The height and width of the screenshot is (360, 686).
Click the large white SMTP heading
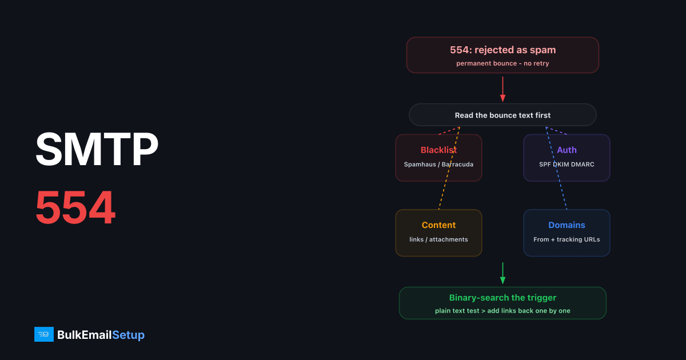(x=97, y=149)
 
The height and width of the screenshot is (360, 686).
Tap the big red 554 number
(x=75, y=207)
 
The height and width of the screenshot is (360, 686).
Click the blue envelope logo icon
(x=44, y=334)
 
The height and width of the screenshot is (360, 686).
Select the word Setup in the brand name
(x=128, y=335)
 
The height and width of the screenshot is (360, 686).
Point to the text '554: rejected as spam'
(x=502, y=50)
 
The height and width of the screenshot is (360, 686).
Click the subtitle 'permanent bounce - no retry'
(x=502, y=63)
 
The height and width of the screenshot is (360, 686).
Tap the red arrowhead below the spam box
(x=502, y=98)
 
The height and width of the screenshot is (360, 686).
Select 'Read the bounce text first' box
(x=502, y=115)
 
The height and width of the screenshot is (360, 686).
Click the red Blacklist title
(x=438, y=150)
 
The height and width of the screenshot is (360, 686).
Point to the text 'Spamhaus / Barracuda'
(x=438, y=165)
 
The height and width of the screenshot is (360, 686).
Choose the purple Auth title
(x=567, y=150)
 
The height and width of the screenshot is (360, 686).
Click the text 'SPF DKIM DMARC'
(x=567, y=165)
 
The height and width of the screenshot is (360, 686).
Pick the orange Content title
(x=438, y=225)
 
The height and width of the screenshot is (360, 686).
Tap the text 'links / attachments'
(x=438, y=239)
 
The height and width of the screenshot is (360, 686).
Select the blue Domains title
(x=567, y=225)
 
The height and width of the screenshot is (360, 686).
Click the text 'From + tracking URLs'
(x=567, y=239)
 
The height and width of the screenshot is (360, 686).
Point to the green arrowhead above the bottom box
(x=502, y=280)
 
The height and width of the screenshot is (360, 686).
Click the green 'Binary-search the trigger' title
(x=502, y=298)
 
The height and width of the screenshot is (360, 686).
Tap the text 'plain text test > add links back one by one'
(x=502, y=311)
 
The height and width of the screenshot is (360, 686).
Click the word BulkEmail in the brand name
(x=85, y=335)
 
